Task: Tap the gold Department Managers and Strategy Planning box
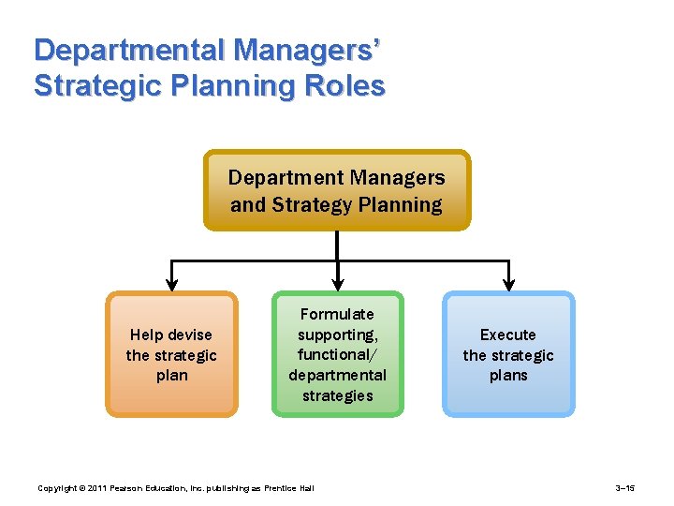[337, 191]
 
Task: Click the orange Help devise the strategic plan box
[171, 354]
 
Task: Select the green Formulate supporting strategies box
[337, 354]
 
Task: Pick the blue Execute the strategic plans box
[508, 354]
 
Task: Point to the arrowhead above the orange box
[171, 283]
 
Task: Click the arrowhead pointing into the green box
[337, 283]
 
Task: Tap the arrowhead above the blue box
[508, 283]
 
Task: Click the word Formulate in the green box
[337, 314]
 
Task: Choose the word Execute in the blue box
[508, 335]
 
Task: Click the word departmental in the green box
[337, 375]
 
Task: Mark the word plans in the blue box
[508, 375]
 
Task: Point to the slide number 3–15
[625, 488]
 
